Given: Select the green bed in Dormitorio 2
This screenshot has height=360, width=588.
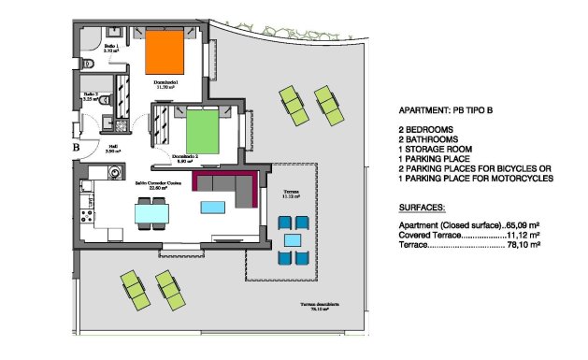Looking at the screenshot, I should [201, 131].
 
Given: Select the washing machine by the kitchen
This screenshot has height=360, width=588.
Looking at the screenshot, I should [113, 172].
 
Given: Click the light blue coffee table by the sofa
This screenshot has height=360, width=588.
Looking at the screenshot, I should [213, 205].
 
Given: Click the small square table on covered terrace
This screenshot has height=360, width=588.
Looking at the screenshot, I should [293, 238].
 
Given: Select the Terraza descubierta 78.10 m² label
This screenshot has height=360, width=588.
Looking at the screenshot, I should [320, 308].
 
